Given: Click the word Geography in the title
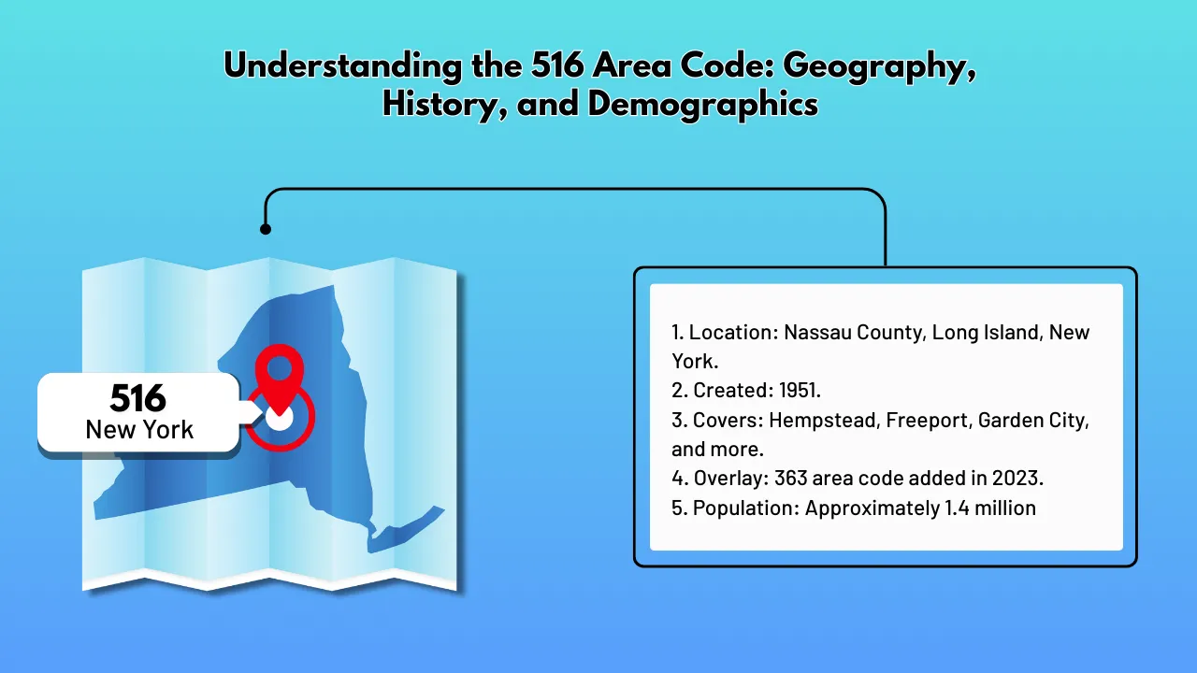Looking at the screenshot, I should click(x=873, y=67).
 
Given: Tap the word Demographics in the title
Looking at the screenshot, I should click(x=702, y=104).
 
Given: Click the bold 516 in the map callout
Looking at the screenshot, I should click(x=137, y=399).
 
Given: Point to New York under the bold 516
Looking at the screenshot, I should click(x=139, y=430).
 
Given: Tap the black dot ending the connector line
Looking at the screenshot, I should click(x=266, y=229).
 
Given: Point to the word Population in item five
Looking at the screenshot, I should click(x=745, y=508).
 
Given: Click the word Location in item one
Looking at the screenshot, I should click(x=732, y=333).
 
